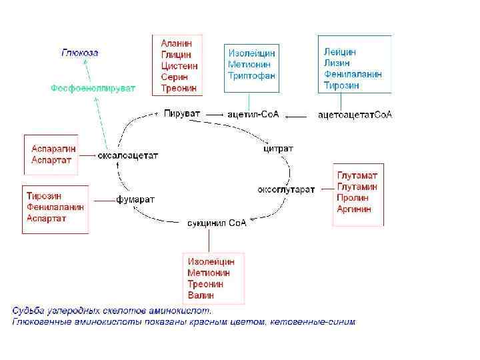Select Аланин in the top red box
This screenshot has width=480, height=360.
(x=175, y=43)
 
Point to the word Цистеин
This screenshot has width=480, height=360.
(x=179, y=65)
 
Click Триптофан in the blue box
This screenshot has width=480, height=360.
(x=251, y=76)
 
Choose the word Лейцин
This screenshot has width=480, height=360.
(x=340, y=51)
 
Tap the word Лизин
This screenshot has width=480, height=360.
(x=337, y=63)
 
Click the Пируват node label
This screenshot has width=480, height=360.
(x=181, y=114)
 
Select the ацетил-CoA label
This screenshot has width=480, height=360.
(x=253, y=115)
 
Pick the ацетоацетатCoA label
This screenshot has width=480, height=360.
(x=355, y=115)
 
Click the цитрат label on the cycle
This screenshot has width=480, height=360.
(x=278, y=148)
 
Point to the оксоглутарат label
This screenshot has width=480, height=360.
(x=286, y=190)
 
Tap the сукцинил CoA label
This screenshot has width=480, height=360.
(x=217, y=223)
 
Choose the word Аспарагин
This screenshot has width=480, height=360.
(x=53, y=148)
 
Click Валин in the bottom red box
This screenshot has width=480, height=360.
(x=201, y=295)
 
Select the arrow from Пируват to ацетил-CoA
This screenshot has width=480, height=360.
(x=214, y=115)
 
